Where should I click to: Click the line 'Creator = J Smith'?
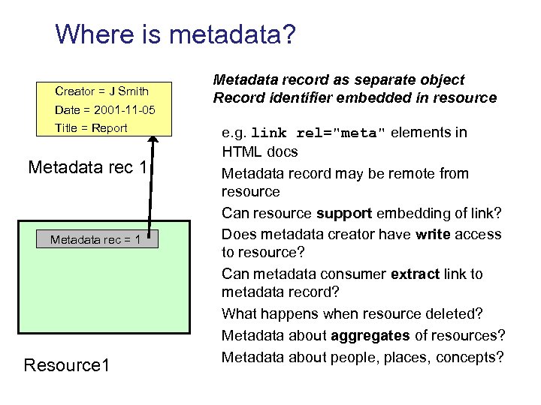[101, 91]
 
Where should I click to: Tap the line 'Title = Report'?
[91, 127]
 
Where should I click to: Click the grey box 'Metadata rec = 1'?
[98, 239]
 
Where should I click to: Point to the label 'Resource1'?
[67, 365]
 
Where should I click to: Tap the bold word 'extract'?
[416, 274]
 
